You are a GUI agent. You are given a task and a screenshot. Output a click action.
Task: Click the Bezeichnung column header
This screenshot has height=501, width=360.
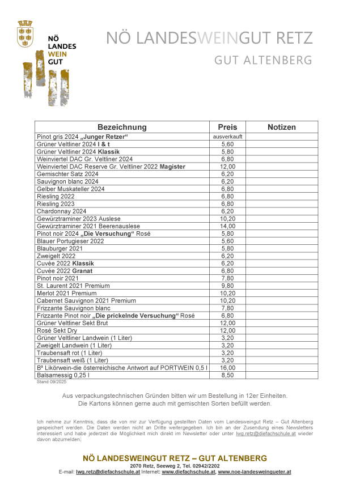click(122, 128)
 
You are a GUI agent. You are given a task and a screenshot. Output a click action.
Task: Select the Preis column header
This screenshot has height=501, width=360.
click(227, 128)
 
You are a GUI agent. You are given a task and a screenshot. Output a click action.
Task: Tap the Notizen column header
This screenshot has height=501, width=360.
click(282, 128)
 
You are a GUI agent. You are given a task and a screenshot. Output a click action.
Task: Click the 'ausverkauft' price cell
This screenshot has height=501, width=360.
click(227, 137)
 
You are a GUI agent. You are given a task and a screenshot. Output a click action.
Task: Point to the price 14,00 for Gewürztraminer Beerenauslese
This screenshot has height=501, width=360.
click(227, 226)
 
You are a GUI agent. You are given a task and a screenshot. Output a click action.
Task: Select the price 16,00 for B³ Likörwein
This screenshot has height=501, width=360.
click(227, 368)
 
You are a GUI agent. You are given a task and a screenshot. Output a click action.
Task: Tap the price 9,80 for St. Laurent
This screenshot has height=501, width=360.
click(227, 286)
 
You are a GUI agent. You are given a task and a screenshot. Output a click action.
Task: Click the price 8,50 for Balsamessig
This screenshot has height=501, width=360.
click(227, 375)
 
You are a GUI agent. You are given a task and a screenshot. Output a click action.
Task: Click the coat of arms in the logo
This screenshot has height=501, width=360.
click(25, 32)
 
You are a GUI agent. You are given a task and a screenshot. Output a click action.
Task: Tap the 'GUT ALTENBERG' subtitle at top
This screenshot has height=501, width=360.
click(263, 60)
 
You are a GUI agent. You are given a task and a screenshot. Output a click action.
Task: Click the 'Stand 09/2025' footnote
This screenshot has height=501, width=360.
click(50, 382)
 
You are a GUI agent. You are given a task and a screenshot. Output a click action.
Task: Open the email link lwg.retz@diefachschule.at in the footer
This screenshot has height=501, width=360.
click(108, 472)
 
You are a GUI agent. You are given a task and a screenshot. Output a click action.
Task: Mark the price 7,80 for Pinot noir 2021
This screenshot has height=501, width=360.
click(227, 278)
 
